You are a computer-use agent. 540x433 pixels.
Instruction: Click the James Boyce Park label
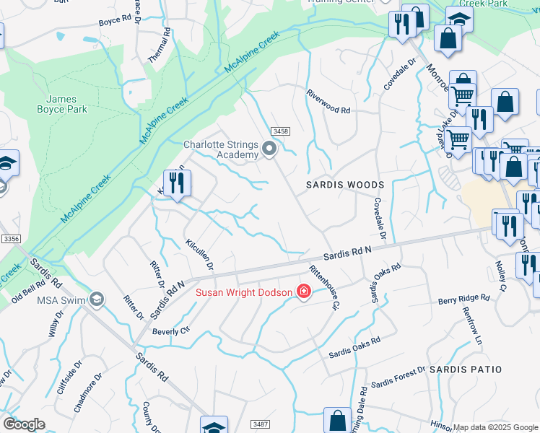pyautogui.click(x=66, y=104)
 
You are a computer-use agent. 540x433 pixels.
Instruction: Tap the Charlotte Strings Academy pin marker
pyautogui.click(x=270, y=150)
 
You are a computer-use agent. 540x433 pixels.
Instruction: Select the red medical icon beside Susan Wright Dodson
pyautogui.click(x=304, y=292)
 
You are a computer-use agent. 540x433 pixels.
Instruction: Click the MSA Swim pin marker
pyautogui.click(x=97, y=299)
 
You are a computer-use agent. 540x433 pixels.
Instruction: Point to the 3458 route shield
pyautogui.click(x=281, y=131)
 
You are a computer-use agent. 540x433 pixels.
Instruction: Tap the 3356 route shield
pyautogui.click(x=10, y=239)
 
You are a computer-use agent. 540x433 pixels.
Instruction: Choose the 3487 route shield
pyautogui.click(x=260, y=424)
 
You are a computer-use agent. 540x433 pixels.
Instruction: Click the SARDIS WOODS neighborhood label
pyautogui.click(x=344, y=185)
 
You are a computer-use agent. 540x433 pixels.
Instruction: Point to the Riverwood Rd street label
pyautogui.click(x=328, y=111)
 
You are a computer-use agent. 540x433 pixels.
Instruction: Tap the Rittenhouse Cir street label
pyautogui.click(x=324, y=287)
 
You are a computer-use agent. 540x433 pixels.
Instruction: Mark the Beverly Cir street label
pyautogui.click(x=170, y=331)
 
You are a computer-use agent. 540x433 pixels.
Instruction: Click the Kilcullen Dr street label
pyautogui.click(x=199, y=255)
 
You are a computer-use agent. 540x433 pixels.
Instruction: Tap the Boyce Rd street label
pyautogui.click(x=114, y=22)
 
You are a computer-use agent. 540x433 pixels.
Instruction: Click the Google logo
pyautogui.click(x=24, y=424)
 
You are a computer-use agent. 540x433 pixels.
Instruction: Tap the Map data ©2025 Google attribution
pyautogui.click(x=495, y=427)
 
